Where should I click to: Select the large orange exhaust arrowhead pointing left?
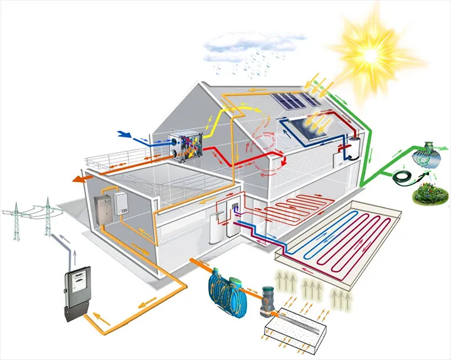[x=80, y=180]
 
